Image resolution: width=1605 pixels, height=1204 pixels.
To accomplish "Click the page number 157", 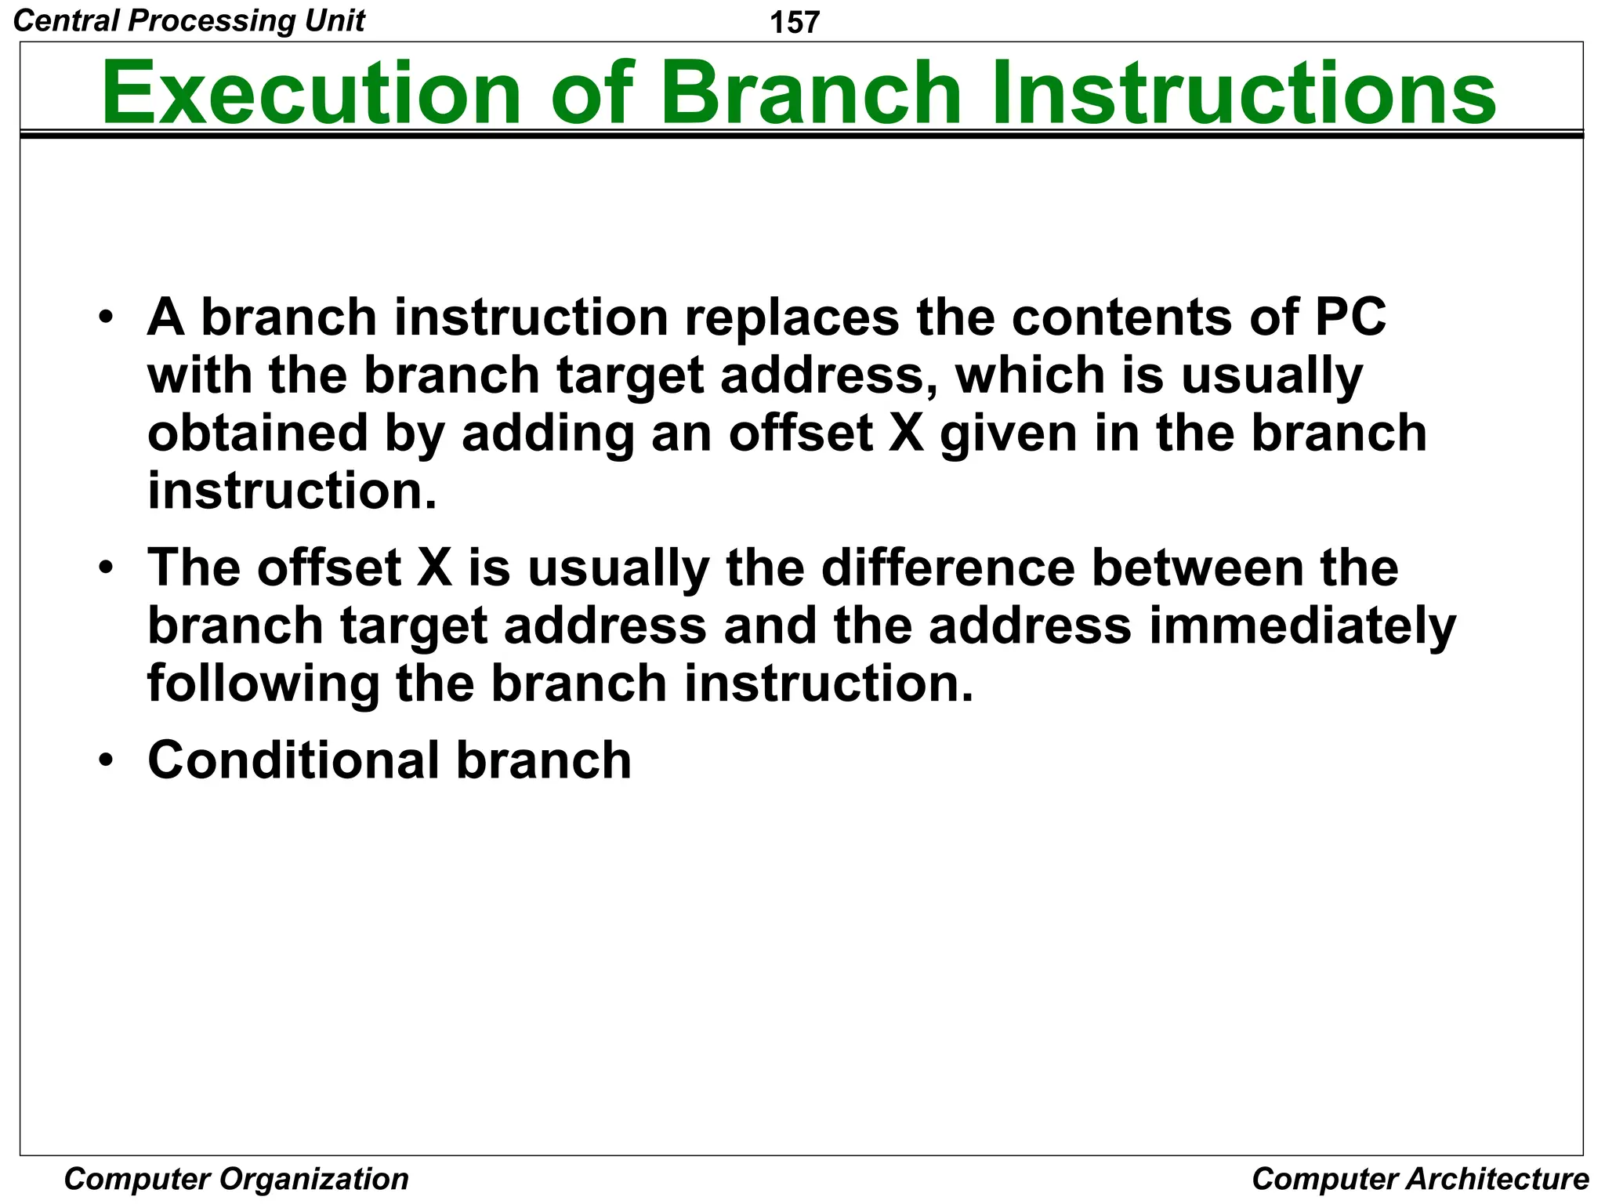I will click(795, 22).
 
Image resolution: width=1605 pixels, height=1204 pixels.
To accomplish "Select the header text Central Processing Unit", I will click(189, 20).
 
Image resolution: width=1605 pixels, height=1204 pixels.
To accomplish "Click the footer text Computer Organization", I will click(236, 1179).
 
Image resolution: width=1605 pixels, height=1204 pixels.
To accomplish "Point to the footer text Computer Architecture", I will click(1420, 1179).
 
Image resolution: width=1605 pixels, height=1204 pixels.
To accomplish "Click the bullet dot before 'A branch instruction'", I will click(107, 318).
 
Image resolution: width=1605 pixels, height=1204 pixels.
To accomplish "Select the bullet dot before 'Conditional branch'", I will click(107, 760).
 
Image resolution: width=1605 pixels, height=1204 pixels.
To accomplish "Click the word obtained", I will click(258, 433).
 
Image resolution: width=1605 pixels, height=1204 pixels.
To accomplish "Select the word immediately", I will click(1302, 627).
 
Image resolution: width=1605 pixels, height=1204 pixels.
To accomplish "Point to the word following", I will click(263, 684).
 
